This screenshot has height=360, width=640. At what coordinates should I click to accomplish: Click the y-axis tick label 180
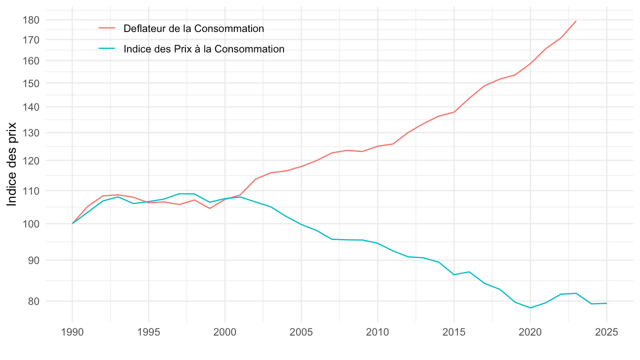pos(32,20)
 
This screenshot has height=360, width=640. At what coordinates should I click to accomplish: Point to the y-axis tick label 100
pos(32,224)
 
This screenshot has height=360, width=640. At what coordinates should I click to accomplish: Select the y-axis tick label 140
pos(32,107)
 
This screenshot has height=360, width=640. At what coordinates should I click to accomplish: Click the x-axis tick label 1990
pos(72,332)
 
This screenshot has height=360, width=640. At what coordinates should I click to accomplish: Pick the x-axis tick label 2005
pos(301,332)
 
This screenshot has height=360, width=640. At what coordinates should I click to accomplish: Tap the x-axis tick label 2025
pos(607,332)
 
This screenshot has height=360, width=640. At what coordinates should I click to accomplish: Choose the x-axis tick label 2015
pos(454,332)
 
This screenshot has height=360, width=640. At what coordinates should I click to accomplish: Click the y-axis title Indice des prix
pos(12,164)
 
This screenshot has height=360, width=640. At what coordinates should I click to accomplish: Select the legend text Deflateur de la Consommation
pos(194,29)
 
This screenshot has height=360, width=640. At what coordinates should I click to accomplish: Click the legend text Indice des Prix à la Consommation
pos(204,49)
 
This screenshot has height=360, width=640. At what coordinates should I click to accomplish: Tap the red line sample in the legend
pos(107,28)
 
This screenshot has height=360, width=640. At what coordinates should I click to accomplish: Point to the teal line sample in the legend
pos(107,49)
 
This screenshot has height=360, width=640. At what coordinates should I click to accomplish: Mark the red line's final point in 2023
pos(576,21)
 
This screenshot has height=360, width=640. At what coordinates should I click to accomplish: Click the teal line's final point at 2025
pos(607,303)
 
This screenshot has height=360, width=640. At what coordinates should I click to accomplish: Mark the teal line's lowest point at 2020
pos(530,308)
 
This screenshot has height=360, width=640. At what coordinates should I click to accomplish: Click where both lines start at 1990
pos(72,223)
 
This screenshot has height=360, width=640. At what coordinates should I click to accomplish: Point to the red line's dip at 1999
pos(210,208)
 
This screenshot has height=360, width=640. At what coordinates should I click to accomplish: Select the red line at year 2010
pos(378,146)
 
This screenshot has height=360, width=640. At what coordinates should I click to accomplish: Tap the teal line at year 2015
pos(454,275)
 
